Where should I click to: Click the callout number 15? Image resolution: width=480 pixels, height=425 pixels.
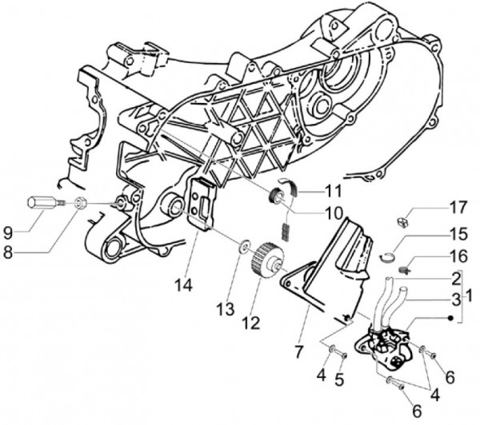click(x=457, y=236)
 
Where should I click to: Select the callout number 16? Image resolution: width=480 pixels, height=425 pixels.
click(x=457, y=257)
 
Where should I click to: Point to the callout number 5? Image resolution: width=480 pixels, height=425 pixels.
click(x=338, y=380)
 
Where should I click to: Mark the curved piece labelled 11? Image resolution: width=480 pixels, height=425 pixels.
click(x=292, y=190)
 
